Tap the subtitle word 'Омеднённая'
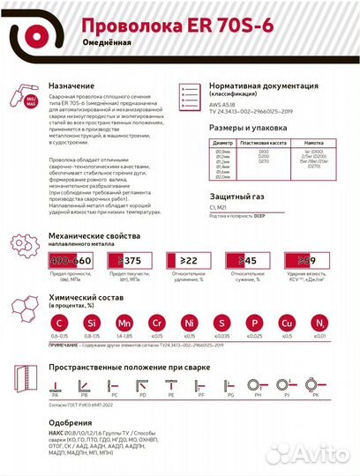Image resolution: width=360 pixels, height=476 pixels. [x=109, y=43]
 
